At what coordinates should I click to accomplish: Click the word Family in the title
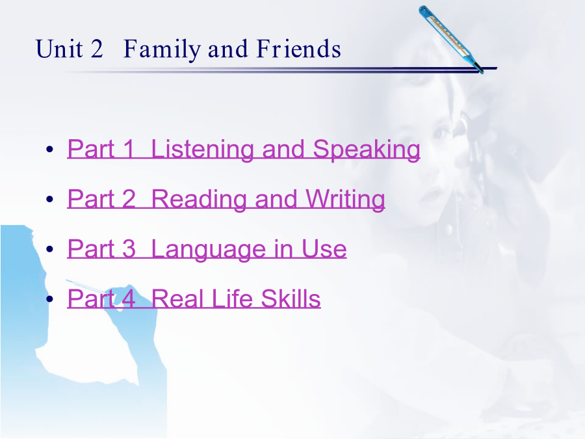162,49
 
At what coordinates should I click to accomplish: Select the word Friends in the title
299,49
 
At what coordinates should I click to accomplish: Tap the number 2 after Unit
96,49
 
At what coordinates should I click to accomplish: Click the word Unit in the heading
59,49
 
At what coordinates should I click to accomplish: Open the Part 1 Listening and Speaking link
244,150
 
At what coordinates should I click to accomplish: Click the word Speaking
367,150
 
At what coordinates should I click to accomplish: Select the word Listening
203,150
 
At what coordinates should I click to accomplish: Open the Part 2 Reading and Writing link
226,200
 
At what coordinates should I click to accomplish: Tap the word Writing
346,200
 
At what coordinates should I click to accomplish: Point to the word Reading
200,200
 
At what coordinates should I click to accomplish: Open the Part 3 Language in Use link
207,249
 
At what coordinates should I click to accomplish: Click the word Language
209,250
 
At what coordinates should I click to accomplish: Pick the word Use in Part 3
324,249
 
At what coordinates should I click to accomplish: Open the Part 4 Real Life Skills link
194,299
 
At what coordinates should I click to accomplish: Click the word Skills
291,299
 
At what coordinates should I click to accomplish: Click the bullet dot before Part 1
49,150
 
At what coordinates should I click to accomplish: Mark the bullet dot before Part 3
49,249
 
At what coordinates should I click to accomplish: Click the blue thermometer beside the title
450,39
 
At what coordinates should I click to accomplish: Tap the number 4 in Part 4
128,299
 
